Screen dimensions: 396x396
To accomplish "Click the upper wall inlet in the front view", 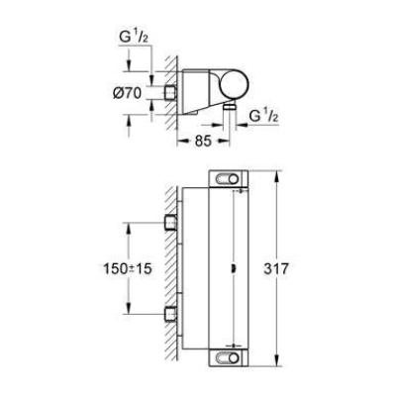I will point(171,219).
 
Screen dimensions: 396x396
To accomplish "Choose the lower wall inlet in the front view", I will point(171,318).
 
